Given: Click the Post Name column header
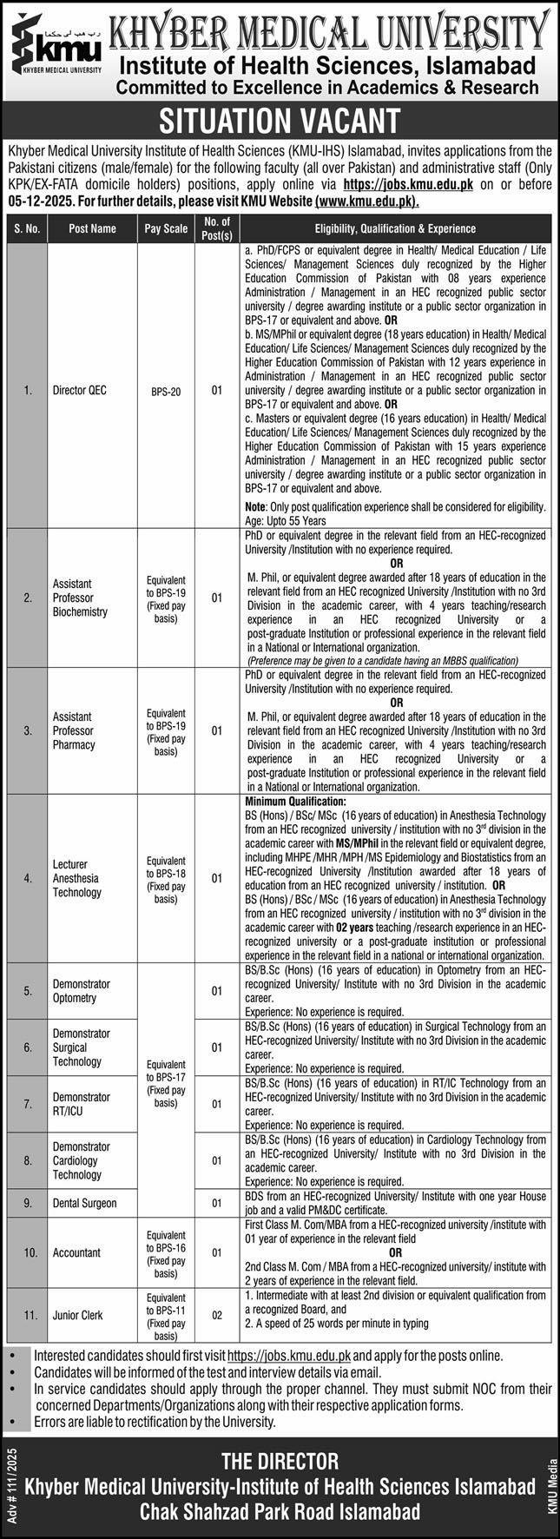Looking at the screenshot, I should click(92, 228).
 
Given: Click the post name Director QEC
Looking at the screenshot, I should click(78, 392).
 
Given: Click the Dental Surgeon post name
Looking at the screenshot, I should click(84, 1203).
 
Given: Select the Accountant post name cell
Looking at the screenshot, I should click(76, 1252).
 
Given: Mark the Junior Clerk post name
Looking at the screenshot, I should click(80, 1315).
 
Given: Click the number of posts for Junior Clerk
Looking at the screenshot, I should click(216, 1315).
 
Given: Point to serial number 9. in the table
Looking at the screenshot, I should click(27, 1203).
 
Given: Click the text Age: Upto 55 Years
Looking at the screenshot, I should click(286, 520).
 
